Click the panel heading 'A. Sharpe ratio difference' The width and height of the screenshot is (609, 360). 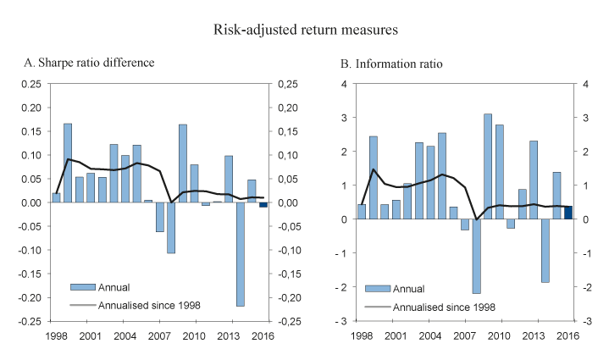[x=89, y=63]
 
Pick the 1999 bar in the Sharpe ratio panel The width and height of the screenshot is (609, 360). [x=68, y=163]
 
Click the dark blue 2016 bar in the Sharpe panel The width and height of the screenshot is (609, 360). [x=263, y=204]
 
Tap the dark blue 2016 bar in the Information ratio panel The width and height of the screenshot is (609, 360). [x=568, y=212]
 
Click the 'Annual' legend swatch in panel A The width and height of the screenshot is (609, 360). [x=82, y=286]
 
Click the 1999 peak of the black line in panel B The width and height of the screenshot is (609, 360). [x=374, y=169]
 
